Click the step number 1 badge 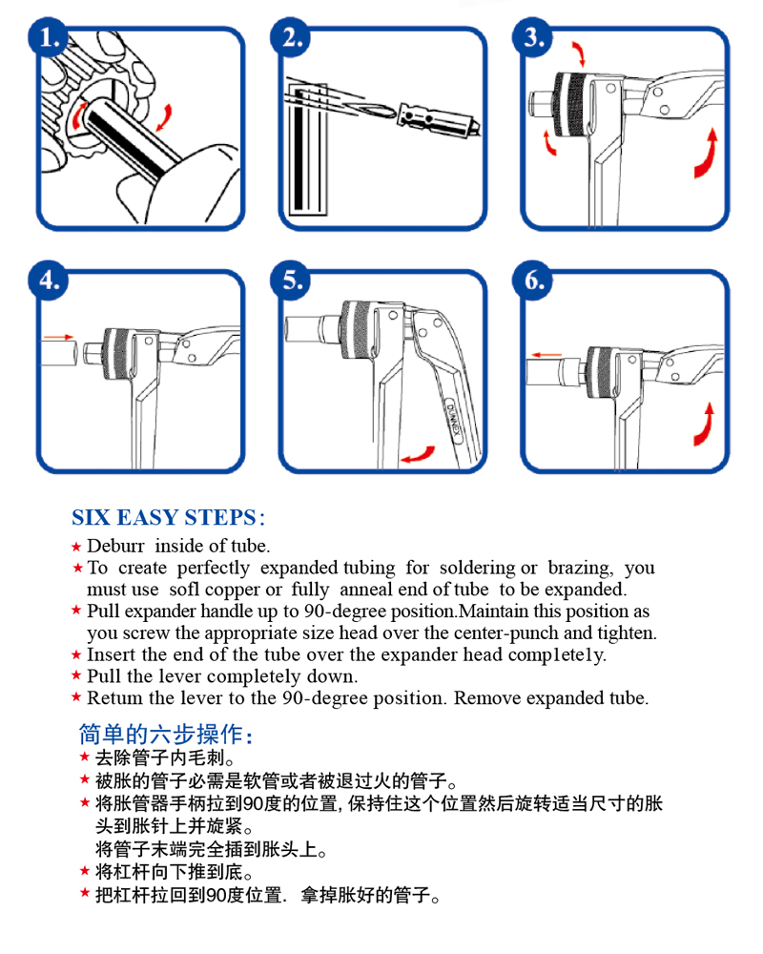(48, 38)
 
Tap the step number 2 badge (290, 38)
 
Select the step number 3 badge (532, 38)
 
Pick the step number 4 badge (48, 280)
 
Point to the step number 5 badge (290, 280)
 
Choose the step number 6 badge (532, 280)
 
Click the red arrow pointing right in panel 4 (59, 337)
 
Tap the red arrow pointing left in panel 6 (546, 355)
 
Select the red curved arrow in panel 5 (419, 455)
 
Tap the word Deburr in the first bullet (115, 546)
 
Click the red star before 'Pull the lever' (76, 675)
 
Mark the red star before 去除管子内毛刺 (85, 757)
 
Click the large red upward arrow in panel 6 (705, 425)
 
